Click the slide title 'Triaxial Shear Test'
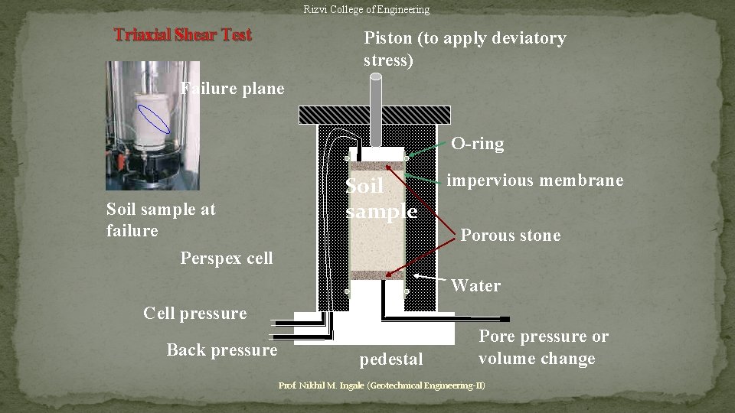tap(182, 35)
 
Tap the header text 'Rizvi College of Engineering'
tap(366, 10)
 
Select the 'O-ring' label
tap(477, 143)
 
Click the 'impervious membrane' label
tap(534, 180)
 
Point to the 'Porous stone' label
tap(510, 236)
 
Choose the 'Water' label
tap(475, 286)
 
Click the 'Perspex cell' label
tap(226, 259)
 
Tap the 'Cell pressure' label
tap(195, 313)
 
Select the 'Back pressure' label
tap(221, 350)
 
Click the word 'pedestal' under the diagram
tap(390, 359)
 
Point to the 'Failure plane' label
tap(233, 89)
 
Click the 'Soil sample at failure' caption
tap(161, 220)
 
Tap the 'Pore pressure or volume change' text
tap(543, 347)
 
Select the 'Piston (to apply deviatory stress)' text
tap(465, 49)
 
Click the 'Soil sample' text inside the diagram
tap(381, 199)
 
